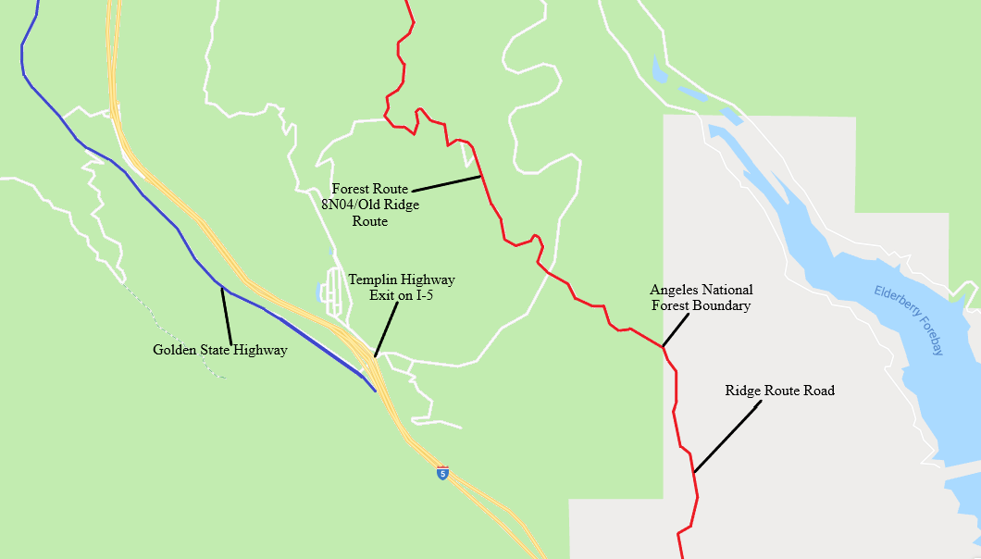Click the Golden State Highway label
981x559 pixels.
pyautogui.click(x=219, y=351)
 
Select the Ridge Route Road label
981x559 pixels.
pyautogui.click(x=779, y=391)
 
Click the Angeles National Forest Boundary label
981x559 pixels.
pyautogui.click(x=701, y=297)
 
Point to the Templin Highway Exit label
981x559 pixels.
pyautogui.click(x=401, y=286)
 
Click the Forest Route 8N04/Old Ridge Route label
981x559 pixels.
pyautogui.click(x=369, y=205)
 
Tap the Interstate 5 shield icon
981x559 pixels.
pyautogui.click(x=442, y=473)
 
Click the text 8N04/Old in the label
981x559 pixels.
pyautogui.click(x=349, y=205)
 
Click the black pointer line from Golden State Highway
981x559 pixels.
pyautogui.click(x=226, y=317)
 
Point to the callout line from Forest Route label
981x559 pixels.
pyautogui.click(x=446, y=182)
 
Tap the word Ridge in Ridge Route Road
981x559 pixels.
pyautogui.click(x=743, y=391)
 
